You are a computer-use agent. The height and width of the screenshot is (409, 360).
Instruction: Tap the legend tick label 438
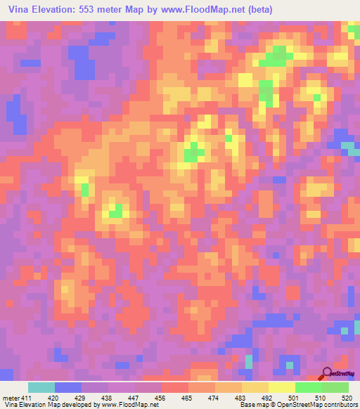pyautogui.click(x=108, y=397)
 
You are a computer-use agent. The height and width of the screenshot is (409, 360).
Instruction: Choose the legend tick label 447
pyautogui.click(x=134, y=397)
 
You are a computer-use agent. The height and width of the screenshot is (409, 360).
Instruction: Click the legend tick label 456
pyautogui.click(x=161, y=397)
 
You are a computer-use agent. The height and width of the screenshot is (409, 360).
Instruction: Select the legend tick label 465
pyautogui.click(x=188, y=397)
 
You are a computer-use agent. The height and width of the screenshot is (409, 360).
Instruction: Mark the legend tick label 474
pyautogui.click(x=214, y=397)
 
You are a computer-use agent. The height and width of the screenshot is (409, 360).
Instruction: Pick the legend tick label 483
pyautogui.click(x=241, y=397)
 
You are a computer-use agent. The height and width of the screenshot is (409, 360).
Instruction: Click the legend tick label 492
pyautogui.click(x=268, y=397)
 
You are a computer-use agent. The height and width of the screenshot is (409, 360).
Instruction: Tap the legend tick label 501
pyautogui.click(x=295, y=397)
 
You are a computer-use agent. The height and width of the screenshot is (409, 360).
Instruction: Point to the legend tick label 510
pyautogui.click(x=321, y=397)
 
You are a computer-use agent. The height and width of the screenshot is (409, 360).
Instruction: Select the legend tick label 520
pyautogui.click(x=347, y=397)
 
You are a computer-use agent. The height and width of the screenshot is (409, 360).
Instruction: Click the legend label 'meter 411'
pyautogui.click(x=15, y=397)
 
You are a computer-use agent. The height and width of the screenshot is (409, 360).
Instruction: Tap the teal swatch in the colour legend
pyautogui.click(x=41, y=387)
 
